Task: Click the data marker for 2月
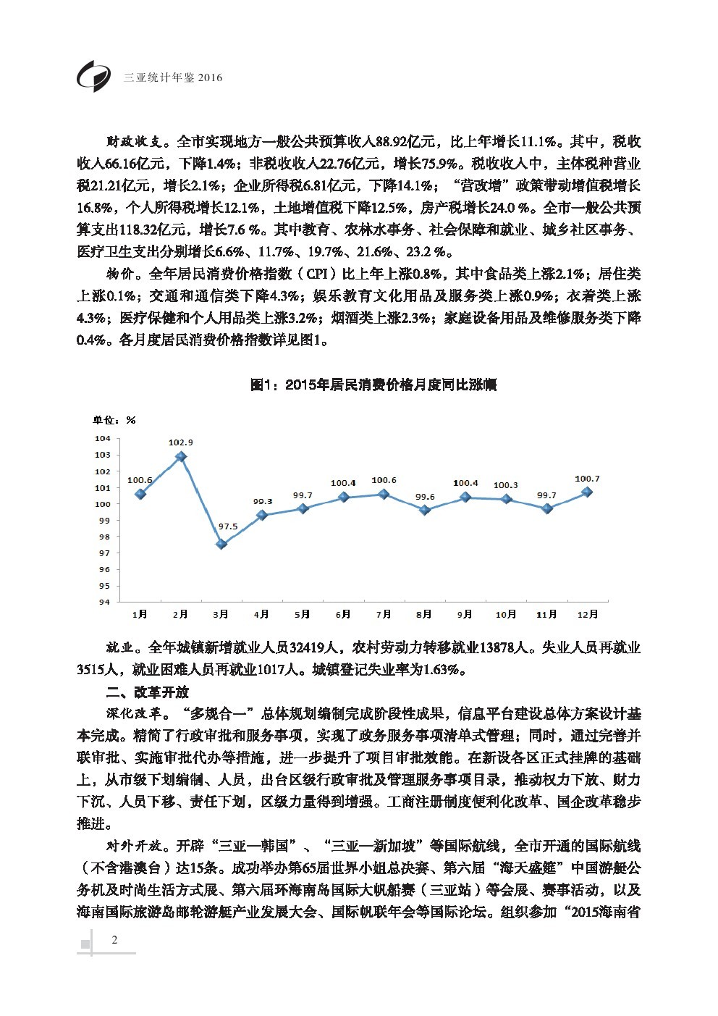click(x=181, y=456)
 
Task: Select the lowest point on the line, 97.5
click(x=221, y=544)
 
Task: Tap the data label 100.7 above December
click(x=587, y=479)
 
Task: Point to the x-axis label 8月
click(x=424, y=614)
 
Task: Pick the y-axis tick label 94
click(x=104, y=602)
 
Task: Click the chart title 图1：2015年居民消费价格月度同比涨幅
click(x=373, y=385)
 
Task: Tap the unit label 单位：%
click(x=114, y=420)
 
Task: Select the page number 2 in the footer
click(x=114, y=940)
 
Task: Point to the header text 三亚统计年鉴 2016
click(x=173, y=77)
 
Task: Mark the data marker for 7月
click(x=384, y=494)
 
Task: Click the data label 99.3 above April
click(x=262, y=501)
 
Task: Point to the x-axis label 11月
click(x=546, y=614)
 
